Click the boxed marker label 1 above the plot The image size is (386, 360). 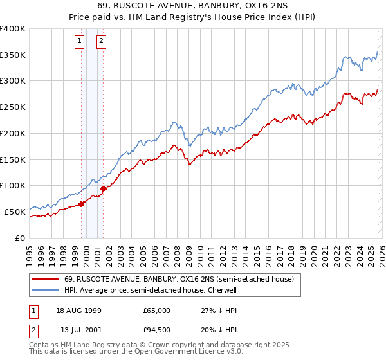[x=79, y=42]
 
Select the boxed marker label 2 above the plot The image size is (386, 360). [x=102, y=42]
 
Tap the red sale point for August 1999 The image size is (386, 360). [x=82, y=204]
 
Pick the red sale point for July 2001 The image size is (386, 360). [x=103, y=188]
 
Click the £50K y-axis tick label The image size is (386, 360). [x=14, y=212]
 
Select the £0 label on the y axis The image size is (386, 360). [x=21, y=237]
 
